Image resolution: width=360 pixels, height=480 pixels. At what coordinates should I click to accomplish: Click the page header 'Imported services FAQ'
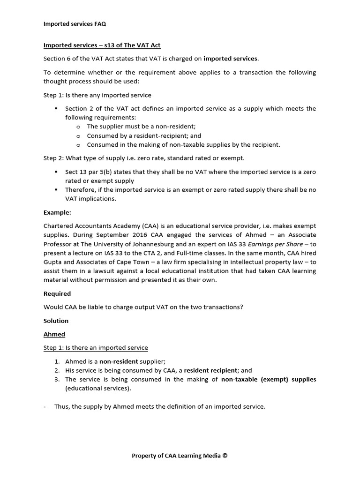tap(77, 24)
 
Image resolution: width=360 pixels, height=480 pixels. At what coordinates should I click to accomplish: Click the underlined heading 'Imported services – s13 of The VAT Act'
tap(102, 45)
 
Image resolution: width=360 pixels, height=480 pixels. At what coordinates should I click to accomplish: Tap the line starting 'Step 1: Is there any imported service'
tap(97, 95)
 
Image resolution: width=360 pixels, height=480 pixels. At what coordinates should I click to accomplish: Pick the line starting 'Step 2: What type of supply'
tap(144, 158)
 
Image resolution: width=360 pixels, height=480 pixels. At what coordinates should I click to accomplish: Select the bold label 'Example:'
tap(57, 212)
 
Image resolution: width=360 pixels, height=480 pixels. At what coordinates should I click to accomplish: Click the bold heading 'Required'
tap(57, 293)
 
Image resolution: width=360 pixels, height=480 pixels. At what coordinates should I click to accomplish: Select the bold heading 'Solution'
tap(56, 321)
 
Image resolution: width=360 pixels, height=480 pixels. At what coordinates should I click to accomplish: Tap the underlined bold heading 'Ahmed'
tap(54, 334)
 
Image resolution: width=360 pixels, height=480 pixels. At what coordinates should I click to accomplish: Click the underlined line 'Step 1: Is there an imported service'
tap(96, 348)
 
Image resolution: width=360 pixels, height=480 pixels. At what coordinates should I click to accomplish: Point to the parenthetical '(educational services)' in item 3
tap(97, 388)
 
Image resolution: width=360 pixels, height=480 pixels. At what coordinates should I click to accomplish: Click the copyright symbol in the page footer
tap(225, 455)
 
